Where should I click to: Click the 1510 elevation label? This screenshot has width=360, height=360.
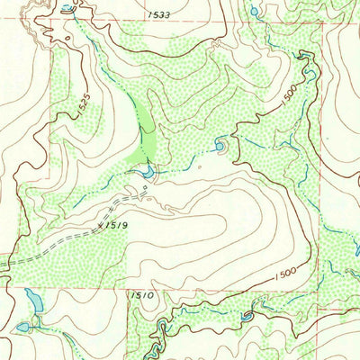coord(143,294)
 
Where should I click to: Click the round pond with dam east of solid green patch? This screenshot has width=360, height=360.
coord(220,143)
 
